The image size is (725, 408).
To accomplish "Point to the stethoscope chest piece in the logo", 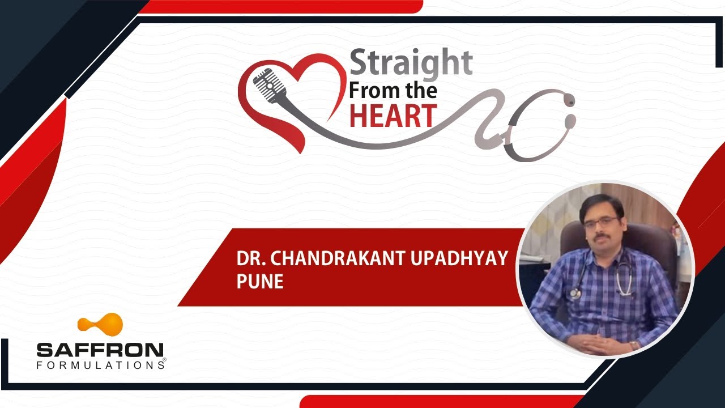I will click(x=569, y=121).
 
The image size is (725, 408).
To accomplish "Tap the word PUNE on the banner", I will click(x=260, y=282).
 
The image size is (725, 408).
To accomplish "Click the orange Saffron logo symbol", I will click(x=100, y=324).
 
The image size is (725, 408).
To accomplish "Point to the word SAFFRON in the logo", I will click(x=100, y=350).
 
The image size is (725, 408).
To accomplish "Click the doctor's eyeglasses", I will click(x=600, y=221).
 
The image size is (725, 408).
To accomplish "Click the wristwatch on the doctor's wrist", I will click(x=633, y=345).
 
